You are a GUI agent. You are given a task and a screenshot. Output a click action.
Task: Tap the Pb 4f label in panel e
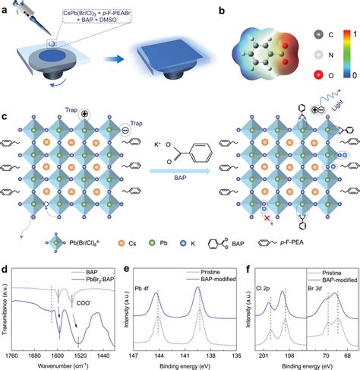[x=144, y=288]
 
